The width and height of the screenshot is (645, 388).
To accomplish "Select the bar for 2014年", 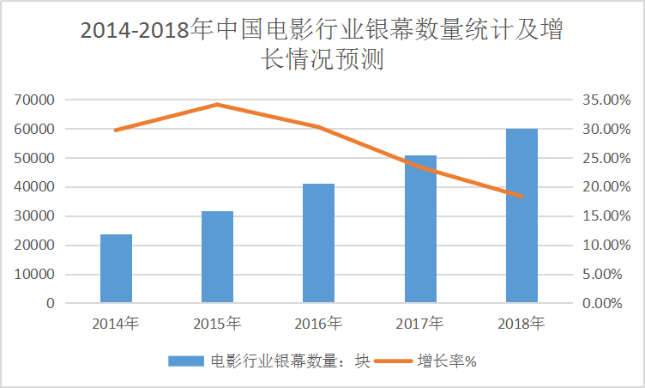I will coord(116,268).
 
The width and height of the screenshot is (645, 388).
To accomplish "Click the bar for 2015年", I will coord(217,257).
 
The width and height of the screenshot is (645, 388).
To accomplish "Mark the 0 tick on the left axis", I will coord(51,304).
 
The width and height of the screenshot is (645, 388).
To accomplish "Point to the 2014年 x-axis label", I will coord(116,324).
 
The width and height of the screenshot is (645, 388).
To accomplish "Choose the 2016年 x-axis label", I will coord(318,324).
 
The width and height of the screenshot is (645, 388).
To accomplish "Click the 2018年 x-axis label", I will coord(521,324).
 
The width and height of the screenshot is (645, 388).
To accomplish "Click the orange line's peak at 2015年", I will coord(217,105).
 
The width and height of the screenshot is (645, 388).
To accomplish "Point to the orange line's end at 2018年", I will coord(521,197).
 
